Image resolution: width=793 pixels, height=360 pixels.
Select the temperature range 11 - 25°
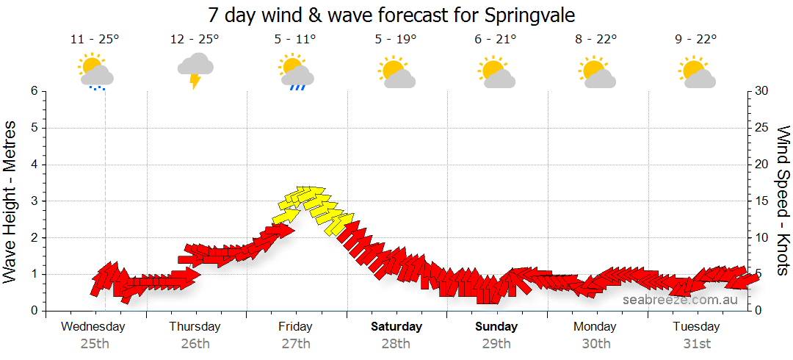pos(95,40)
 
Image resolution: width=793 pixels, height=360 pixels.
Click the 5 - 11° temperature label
pos(296,40)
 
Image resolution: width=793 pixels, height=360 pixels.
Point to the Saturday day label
pos(396,326)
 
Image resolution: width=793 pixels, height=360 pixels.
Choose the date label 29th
pos(496,343)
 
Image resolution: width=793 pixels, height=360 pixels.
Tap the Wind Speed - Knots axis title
pos(783,200)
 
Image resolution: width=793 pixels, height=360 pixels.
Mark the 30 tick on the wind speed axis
pos(762,91)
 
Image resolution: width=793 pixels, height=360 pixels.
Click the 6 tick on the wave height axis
pos(34,91)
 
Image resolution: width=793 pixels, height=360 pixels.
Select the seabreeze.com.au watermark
pos(680,300)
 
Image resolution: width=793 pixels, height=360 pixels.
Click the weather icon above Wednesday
pos(95,71)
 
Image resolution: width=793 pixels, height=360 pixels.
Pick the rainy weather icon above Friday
pos(296,71)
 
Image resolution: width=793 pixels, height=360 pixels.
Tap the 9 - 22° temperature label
pos(697,40)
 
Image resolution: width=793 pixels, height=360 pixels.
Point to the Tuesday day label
pos(697,326)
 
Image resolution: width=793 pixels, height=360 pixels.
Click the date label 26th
pos(195,343)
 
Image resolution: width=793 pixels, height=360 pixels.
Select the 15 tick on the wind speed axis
pos(762,201)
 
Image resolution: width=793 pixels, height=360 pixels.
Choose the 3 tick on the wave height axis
pos(34,201)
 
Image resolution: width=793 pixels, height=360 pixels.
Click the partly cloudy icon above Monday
pos(596,71)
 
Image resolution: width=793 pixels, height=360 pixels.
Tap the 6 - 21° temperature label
pos(496,40)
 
